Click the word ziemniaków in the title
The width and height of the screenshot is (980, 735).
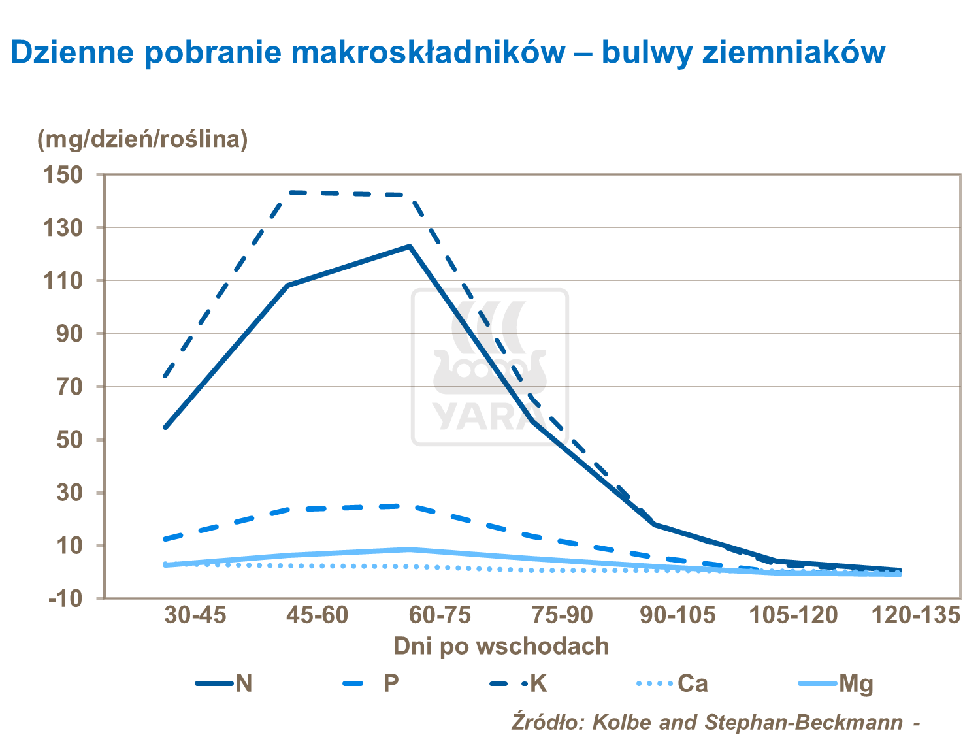click(x=793, y=52)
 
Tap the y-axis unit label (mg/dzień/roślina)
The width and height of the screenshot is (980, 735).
click(x=142, y=139)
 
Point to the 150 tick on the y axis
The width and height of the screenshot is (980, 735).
click(x=62, y=175)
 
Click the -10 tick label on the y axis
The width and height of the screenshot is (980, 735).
click(x=65, y=598)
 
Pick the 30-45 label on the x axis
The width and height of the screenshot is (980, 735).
click(x=195, y=615)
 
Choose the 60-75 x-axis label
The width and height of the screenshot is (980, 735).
click(x=440, y=615)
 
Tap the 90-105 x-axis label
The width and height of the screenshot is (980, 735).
click(x=677, y=615)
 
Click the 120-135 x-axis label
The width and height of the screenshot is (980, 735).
click(x=917, y=615)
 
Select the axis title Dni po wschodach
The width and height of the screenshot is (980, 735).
click(x=501, y=646)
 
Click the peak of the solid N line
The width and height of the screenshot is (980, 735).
click(x=410, y=246)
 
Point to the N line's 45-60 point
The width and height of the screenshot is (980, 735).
click(x=287, y=286)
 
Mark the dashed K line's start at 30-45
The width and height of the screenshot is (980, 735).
click(x=165, y=376)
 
